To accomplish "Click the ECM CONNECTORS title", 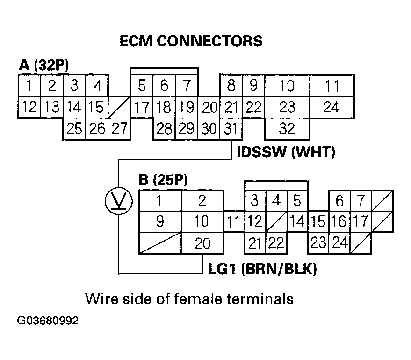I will [x=191, y=41].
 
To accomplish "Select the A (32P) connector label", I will [x=44, y=65].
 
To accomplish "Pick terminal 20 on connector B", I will [x=202, y=243].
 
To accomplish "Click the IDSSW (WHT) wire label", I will [x=286, y=153].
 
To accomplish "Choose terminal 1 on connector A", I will [x=29, y=86].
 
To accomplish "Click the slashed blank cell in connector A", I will [x=119, y=107].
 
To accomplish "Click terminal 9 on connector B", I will [x=159, y=221].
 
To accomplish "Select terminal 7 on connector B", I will [x=361, y=201].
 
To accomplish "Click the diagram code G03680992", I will [x=48, y=321].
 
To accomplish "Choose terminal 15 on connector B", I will [x=318, y=221].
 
